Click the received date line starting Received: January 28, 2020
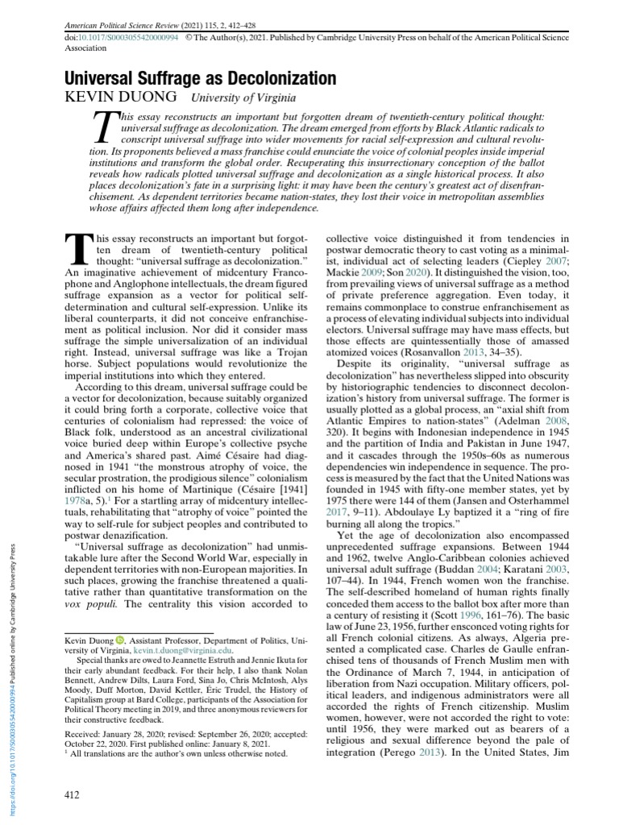(185, 734)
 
